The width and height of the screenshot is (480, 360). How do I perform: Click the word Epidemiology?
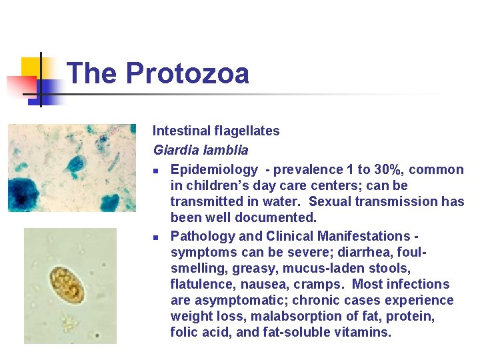(214, 169)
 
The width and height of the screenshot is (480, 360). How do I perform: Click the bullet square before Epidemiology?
(155, 171)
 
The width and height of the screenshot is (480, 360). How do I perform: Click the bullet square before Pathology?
(155, 237)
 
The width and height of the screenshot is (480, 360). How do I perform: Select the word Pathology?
(201, 236)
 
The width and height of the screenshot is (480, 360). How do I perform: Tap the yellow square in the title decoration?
(31, 69)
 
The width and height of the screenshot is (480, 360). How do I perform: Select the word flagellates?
(248, 131)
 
